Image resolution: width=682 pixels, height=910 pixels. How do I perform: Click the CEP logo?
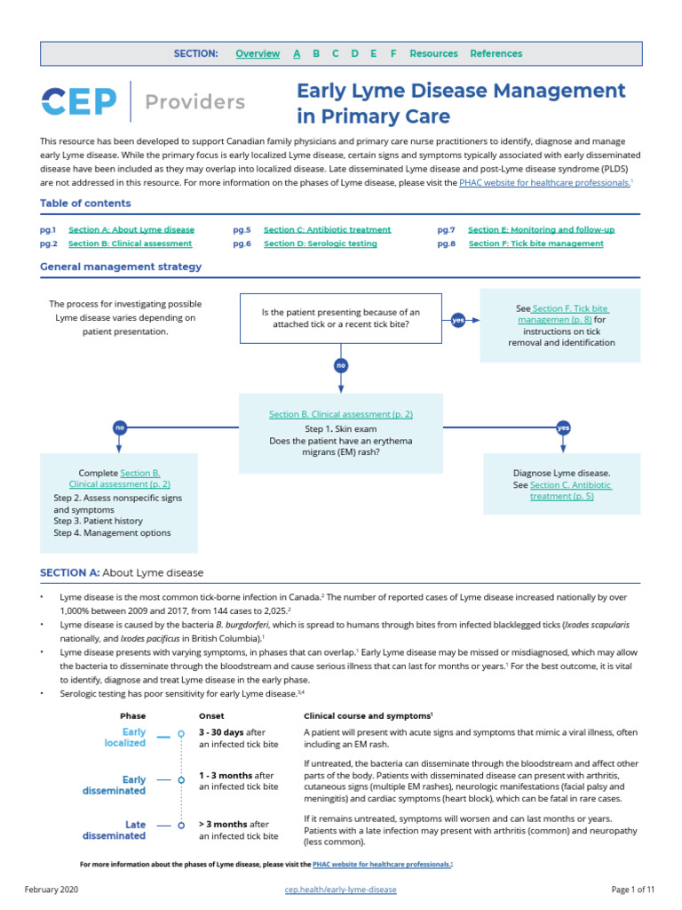point(78,101)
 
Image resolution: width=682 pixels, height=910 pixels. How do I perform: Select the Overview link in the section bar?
point(258,54)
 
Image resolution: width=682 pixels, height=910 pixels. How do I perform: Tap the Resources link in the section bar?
point(433,54)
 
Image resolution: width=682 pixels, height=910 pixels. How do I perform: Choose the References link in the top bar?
point(496,54)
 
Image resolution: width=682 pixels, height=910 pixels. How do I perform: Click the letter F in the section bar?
point(393,54)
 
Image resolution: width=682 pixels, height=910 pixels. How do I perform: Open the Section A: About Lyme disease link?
point(131,229)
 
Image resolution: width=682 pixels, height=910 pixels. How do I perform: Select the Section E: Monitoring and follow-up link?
point(541,229)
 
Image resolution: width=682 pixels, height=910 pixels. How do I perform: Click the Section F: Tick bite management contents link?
point(535,243)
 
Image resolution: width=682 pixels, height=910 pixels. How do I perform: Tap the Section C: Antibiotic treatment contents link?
point(327,229)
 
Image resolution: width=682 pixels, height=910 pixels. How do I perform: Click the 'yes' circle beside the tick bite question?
point(458,319)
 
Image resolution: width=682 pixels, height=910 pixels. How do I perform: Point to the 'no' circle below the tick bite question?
point(340,365)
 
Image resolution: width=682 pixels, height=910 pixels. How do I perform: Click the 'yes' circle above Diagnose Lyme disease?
point(562,427)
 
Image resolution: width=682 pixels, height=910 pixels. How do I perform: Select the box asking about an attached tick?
point(340,318)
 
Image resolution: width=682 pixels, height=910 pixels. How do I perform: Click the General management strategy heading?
point(121,267)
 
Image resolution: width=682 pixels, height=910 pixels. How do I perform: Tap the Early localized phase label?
point(124,737)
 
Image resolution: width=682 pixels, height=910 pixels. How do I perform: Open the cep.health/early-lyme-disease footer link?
point(340,890)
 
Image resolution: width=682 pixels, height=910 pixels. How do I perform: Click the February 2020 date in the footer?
point(53,890)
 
